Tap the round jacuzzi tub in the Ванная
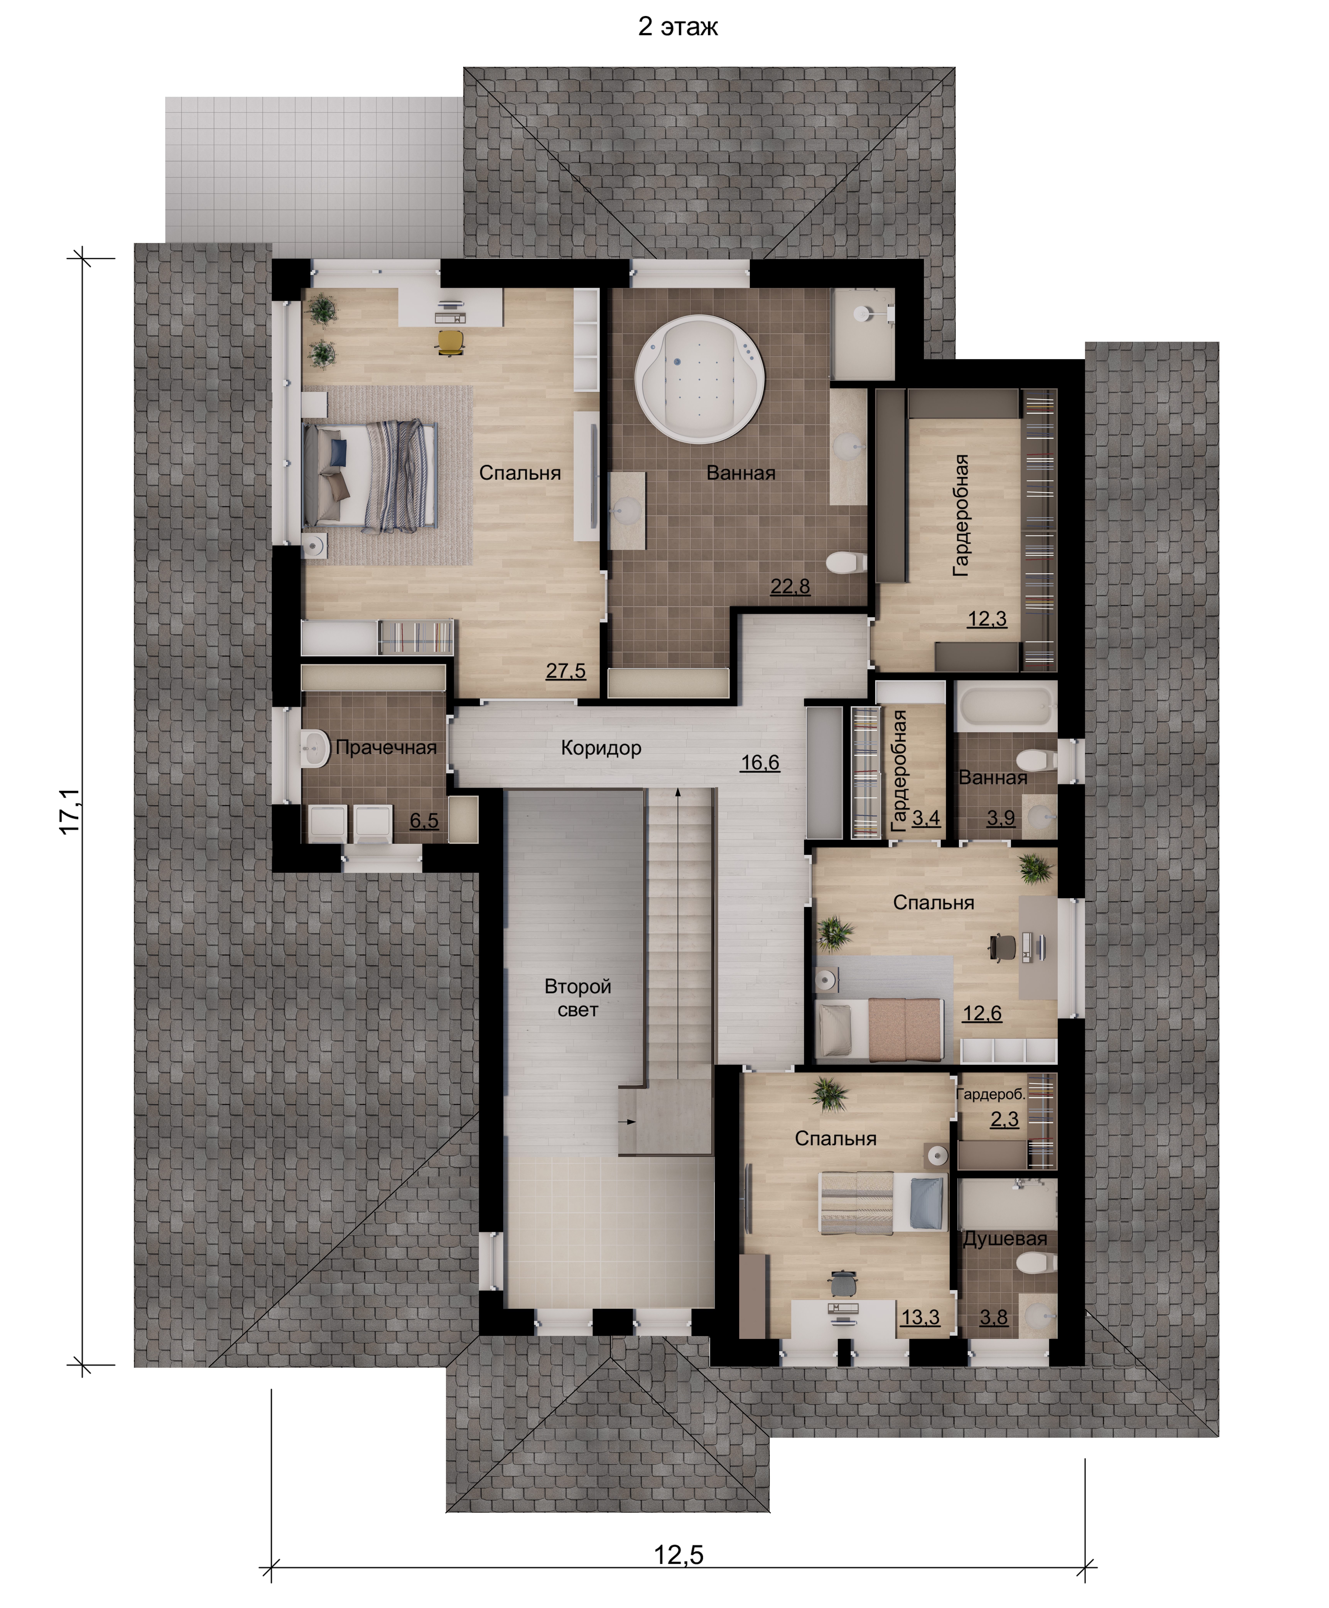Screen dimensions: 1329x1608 [699, 379]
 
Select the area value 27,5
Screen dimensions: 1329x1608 [566, 670]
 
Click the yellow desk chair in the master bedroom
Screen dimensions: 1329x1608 [450, 342]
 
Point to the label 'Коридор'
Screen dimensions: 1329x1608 [601, 748]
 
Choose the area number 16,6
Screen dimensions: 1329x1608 [760, 762]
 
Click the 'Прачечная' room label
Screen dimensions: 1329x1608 [386, 748]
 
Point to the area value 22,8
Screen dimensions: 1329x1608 [790, 586]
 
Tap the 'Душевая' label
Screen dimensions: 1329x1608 [1004, 1239]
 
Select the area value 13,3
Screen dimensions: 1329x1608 [920, 1317]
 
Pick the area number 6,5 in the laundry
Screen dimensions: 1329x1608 [424, 820]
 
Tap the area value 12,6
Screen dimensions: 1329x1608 [982, 1013]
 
